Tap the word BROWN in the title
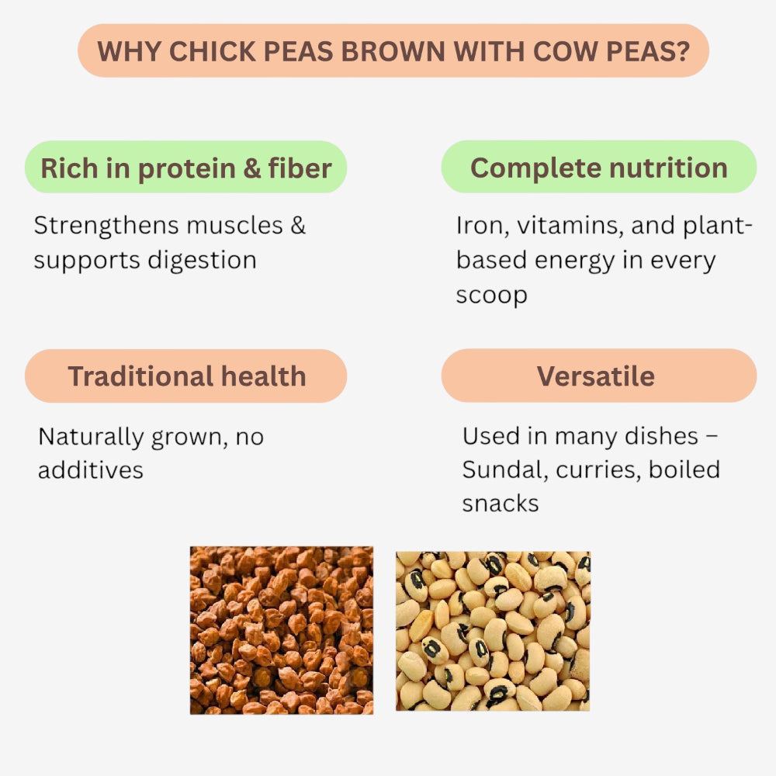396,51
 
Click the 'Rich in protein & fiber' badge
186,168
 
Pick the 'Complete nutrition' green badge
598,168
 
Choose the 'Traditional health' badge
186,376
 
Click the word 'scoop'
491,295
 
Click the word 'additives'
90,470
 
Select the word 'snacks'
500,504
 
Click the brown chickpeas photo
281,630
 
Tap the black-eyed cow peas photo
492,631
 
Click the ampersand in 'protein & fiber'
252,168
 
